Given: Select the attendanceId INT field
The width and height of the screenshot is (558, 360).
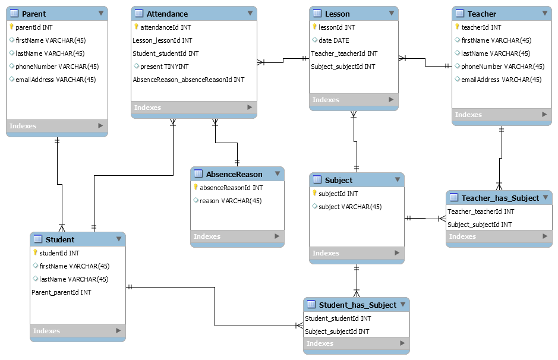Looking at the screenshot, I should (166, 27).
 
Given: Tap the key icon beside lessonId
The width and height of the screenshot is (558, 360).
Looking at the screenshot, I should (314, 27).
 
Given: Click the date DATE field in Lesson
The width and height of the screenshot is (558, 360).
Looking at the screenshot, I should (334, 40).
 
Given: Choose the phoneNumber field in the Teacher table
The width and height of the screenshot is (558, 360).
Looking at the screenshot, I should (502, 67).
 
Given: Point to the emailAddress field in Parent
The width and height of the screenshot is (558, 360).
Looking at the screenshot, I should (55, 80).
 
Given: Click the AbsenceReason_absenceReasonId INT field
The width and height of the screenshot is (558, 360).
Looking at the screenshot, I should (188, 80).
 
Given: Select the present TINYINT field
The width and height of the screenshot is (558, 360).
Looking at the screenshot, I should (164, 67).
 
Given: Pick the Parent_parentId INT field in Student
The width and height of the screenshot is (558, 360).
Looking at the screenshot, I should (61, 292).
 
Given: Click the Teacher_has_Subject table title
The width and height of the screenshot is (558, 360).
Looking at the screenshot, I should (500, 198).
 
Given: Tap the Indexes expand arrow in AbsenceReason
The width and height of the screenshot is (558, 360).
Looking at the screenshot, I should (276, 236).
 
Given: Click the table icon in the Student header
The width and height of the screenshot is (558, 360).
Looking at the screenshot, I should (38, 239).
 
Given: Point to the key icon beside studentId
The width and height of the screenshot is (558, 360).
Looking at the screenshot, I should (35, 253).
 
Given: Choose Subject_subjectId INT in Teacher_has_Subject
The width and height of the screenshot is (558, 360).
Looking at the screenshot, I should (479, 225).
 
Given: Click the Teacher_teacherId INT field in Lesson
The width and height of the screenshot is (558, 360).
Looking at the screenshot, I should (344, 53).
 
